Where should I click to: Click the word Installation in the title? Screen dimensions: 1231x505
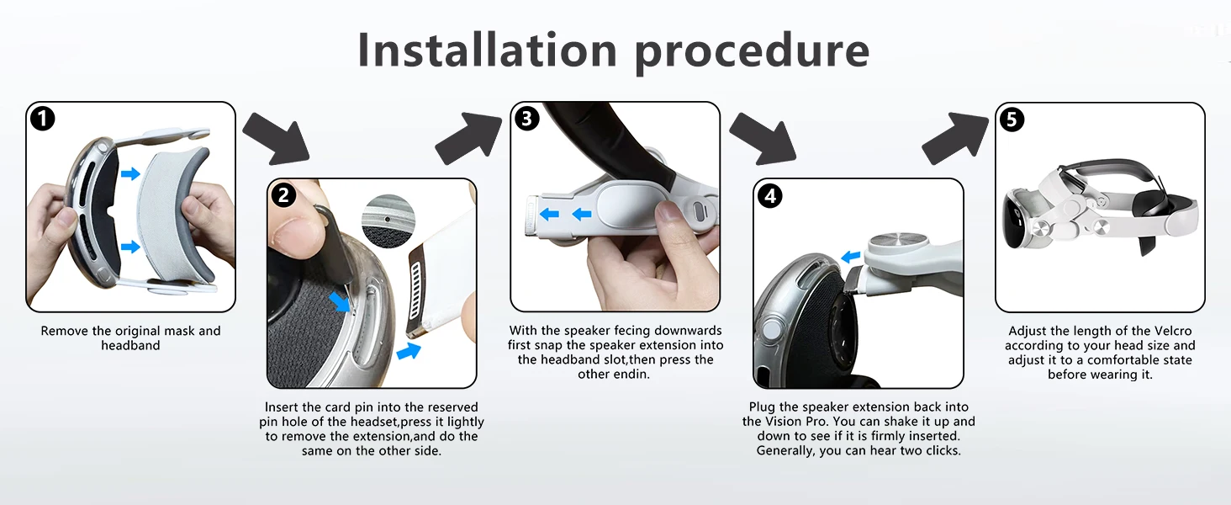click(x=488, y=50)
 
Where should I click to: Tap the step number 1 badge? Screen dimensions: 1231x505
click(x=43, y=119)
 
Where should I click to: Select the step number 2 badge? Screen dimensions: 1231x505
click(x=283, y=195)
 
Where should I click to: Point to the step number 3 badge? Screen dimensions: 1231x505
click(x=526, y=119)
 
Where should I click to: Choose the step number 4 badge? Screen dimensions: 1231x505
click(x=770, y=196)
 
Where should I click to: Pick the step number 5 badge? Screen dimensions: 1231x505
click(x=1012, y=119)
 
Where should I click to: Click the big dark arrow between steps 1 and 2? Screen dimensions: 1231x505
click(x=276, y=139)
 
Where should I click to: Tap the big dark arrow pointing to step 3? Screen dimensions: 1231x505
click(x=468, y=138)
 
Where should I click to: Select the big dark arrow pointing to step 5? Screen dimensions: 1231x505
click(x=955, y=138)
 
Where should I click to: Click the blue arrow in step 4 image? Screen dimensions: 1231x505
click(x=851, y=257)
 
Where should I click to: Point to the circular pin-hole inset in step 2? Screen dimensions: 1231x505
click(x=388, y=221)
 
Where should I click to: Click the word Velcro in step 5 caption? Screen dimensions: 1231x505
click(x=1173, y=331)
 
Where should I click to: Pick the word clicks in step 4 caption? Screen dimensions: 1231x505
click(x=943, y=450)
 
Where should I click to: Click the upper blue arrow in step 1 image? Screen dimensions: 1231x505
click(x=130, y=174)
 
